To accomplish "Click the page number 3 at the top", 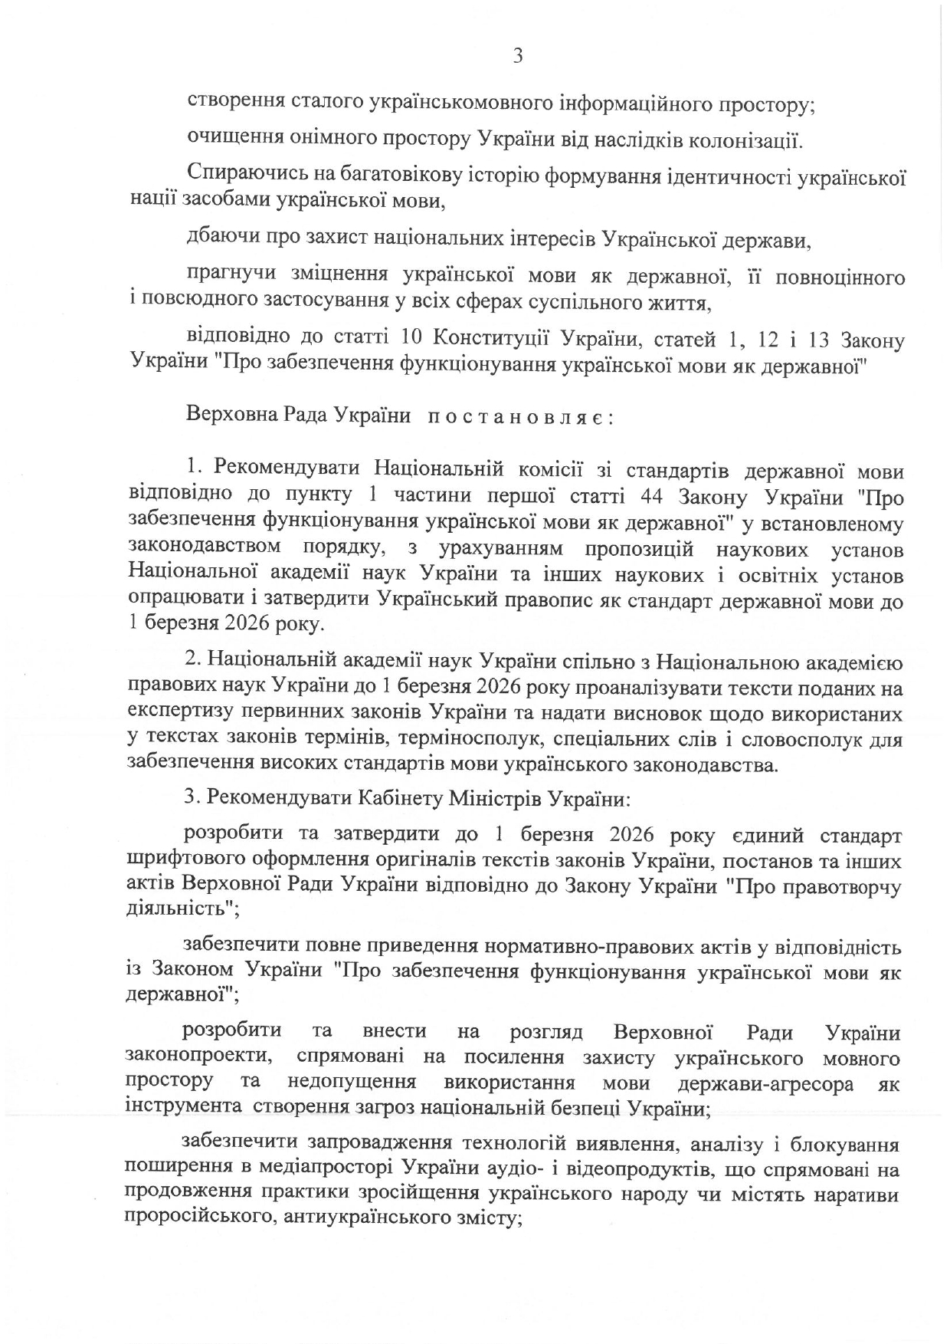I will click(517, 57).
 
